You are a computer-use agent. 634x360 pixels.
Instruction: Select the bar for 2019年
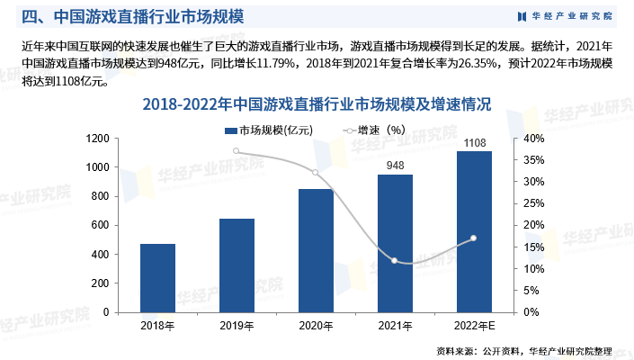click(237, 265)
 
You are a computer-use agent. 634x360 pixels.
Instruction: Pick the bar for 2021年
click(395, 243)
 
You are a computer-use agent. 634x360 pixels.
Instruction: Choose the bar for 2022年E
click(474, 231)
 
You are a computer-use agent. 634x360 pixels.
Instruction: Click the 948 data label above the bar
click(395, 166)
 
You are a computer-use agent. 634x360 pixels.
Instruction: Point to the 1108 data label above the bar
click(474, 142)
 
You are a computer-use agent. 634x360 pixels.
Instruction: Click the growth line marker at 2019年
click(237, 151)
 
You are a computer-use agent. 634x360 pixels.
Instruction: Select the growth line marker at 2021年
click(395, 261)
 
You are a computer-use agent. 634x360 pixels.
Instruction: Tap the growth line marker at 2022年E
click(474, 238)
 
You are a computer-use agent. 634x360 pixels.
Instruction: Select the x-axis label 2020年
click(316, 325)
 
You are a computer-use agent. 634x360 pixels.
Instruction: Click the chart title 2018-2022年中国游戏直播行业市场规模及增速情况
click(316, 105)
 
